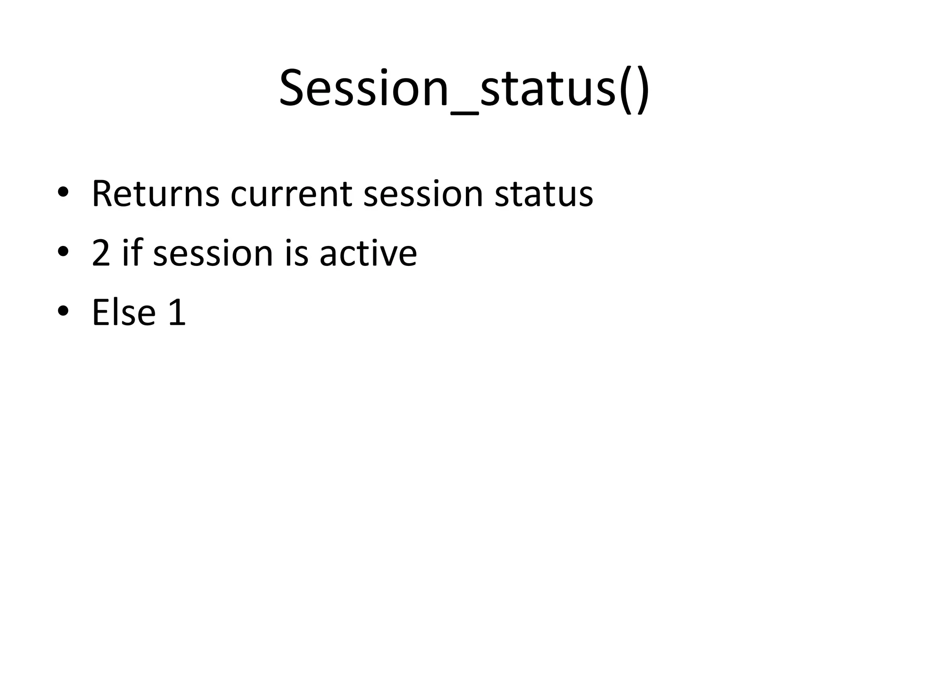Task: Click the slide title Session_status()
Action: [x=464, y=88]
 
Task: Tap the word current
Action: [x=291, y=194]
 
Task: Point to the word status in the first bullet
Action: [x=544, y=194]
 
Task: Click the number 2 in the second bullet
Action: [x=101, y=253]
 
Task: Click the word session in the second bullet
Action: [x=213, y=253]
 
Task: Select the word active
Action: [x=368, y=253]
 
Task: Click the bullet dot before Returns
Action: [x=63, y=192]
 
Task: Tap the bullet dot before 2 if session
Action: [x=63, y=251]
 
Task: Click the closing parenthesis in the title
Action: [x=641, y=89]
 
